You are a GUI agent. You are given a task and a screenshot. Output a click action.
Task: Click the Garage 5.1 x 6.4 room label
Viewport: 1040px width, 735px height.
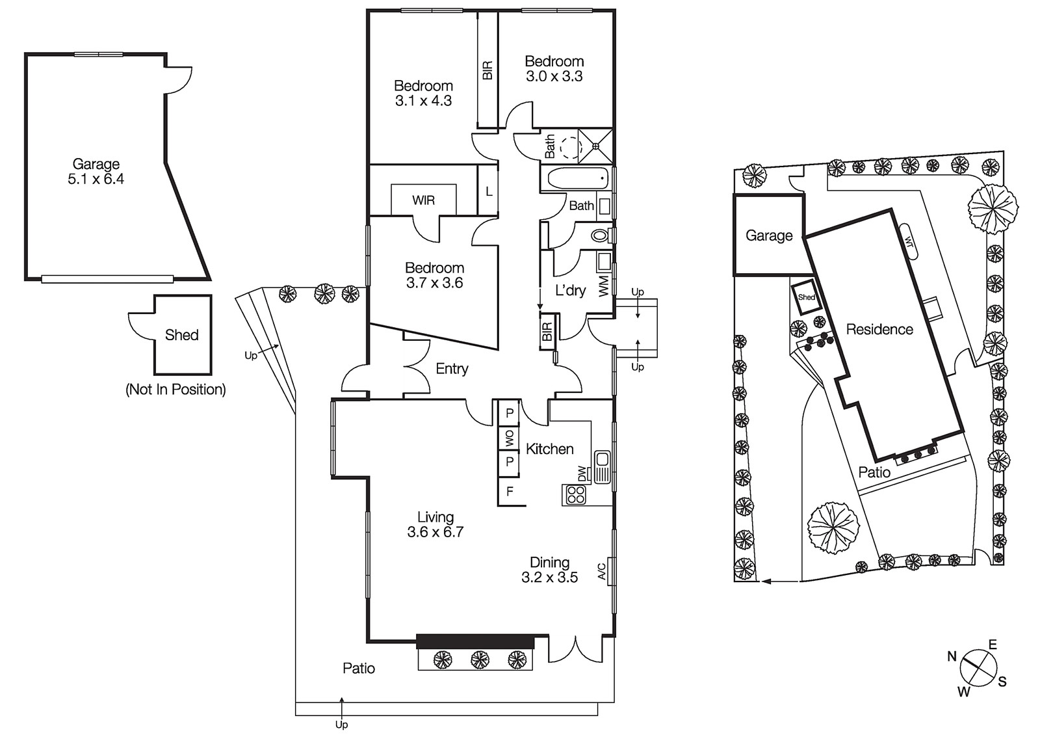(96, 172)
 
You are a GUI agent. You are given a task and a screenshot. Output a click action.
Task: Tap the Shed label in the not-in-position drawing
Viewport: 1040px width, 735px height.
(181, 335)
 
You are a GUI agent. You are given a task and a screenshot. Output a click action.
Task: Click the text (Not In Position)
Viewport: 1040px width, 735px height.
(175, 390)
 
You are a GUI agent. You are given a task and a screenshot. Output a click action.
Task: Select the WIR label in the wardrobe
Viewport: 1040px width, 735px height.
(423, 200)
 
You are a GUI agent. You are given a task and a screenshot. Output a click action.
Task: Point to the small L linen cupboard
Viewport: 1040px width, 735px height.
(489, 191)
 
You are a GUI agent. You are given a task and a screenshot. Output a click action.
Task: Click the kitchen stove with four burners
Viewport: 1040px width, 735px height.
(575, 494)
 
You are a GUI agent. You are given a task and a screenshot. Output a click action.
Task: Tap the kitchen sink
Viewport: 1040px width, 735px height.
(601, 468)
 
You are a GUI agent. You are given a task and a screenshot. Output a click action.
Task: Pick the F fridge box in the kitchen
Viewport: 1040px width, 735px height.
(510, 492)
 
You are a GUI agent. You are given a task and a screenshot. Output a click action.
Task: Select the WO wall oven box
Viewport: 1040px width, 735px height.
(510, 437)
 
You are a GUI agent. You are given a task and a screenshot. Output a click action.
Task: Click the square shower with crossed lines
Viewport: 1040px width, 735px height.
(596, 146)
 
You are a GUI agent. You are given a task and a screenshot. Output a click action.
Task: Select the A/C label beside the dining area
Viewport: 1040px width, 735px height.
(602, 571)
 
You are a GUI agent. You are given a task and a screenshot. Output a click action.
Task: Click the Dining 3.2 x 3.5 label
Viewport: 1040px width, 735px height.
(549, 570)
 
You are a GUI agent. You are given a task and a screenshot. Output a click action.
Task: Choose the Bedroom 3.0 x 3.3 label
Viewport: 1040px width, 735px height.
(554, 68)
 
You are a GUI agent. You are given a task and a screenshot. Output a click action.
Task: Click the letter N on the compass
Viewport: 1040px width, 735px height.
(952, 656)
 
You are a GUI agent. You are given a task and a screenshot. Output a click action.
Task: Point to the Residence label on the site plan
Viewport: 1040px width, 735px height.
(879, 329)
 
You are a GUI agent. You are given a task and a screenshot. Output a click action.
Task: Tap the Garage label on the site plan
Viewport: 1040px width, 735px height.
(769, 235)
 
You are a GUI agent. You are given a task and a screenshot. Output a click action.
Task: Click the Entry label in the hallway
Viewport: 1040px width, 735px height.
(452, 369)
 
